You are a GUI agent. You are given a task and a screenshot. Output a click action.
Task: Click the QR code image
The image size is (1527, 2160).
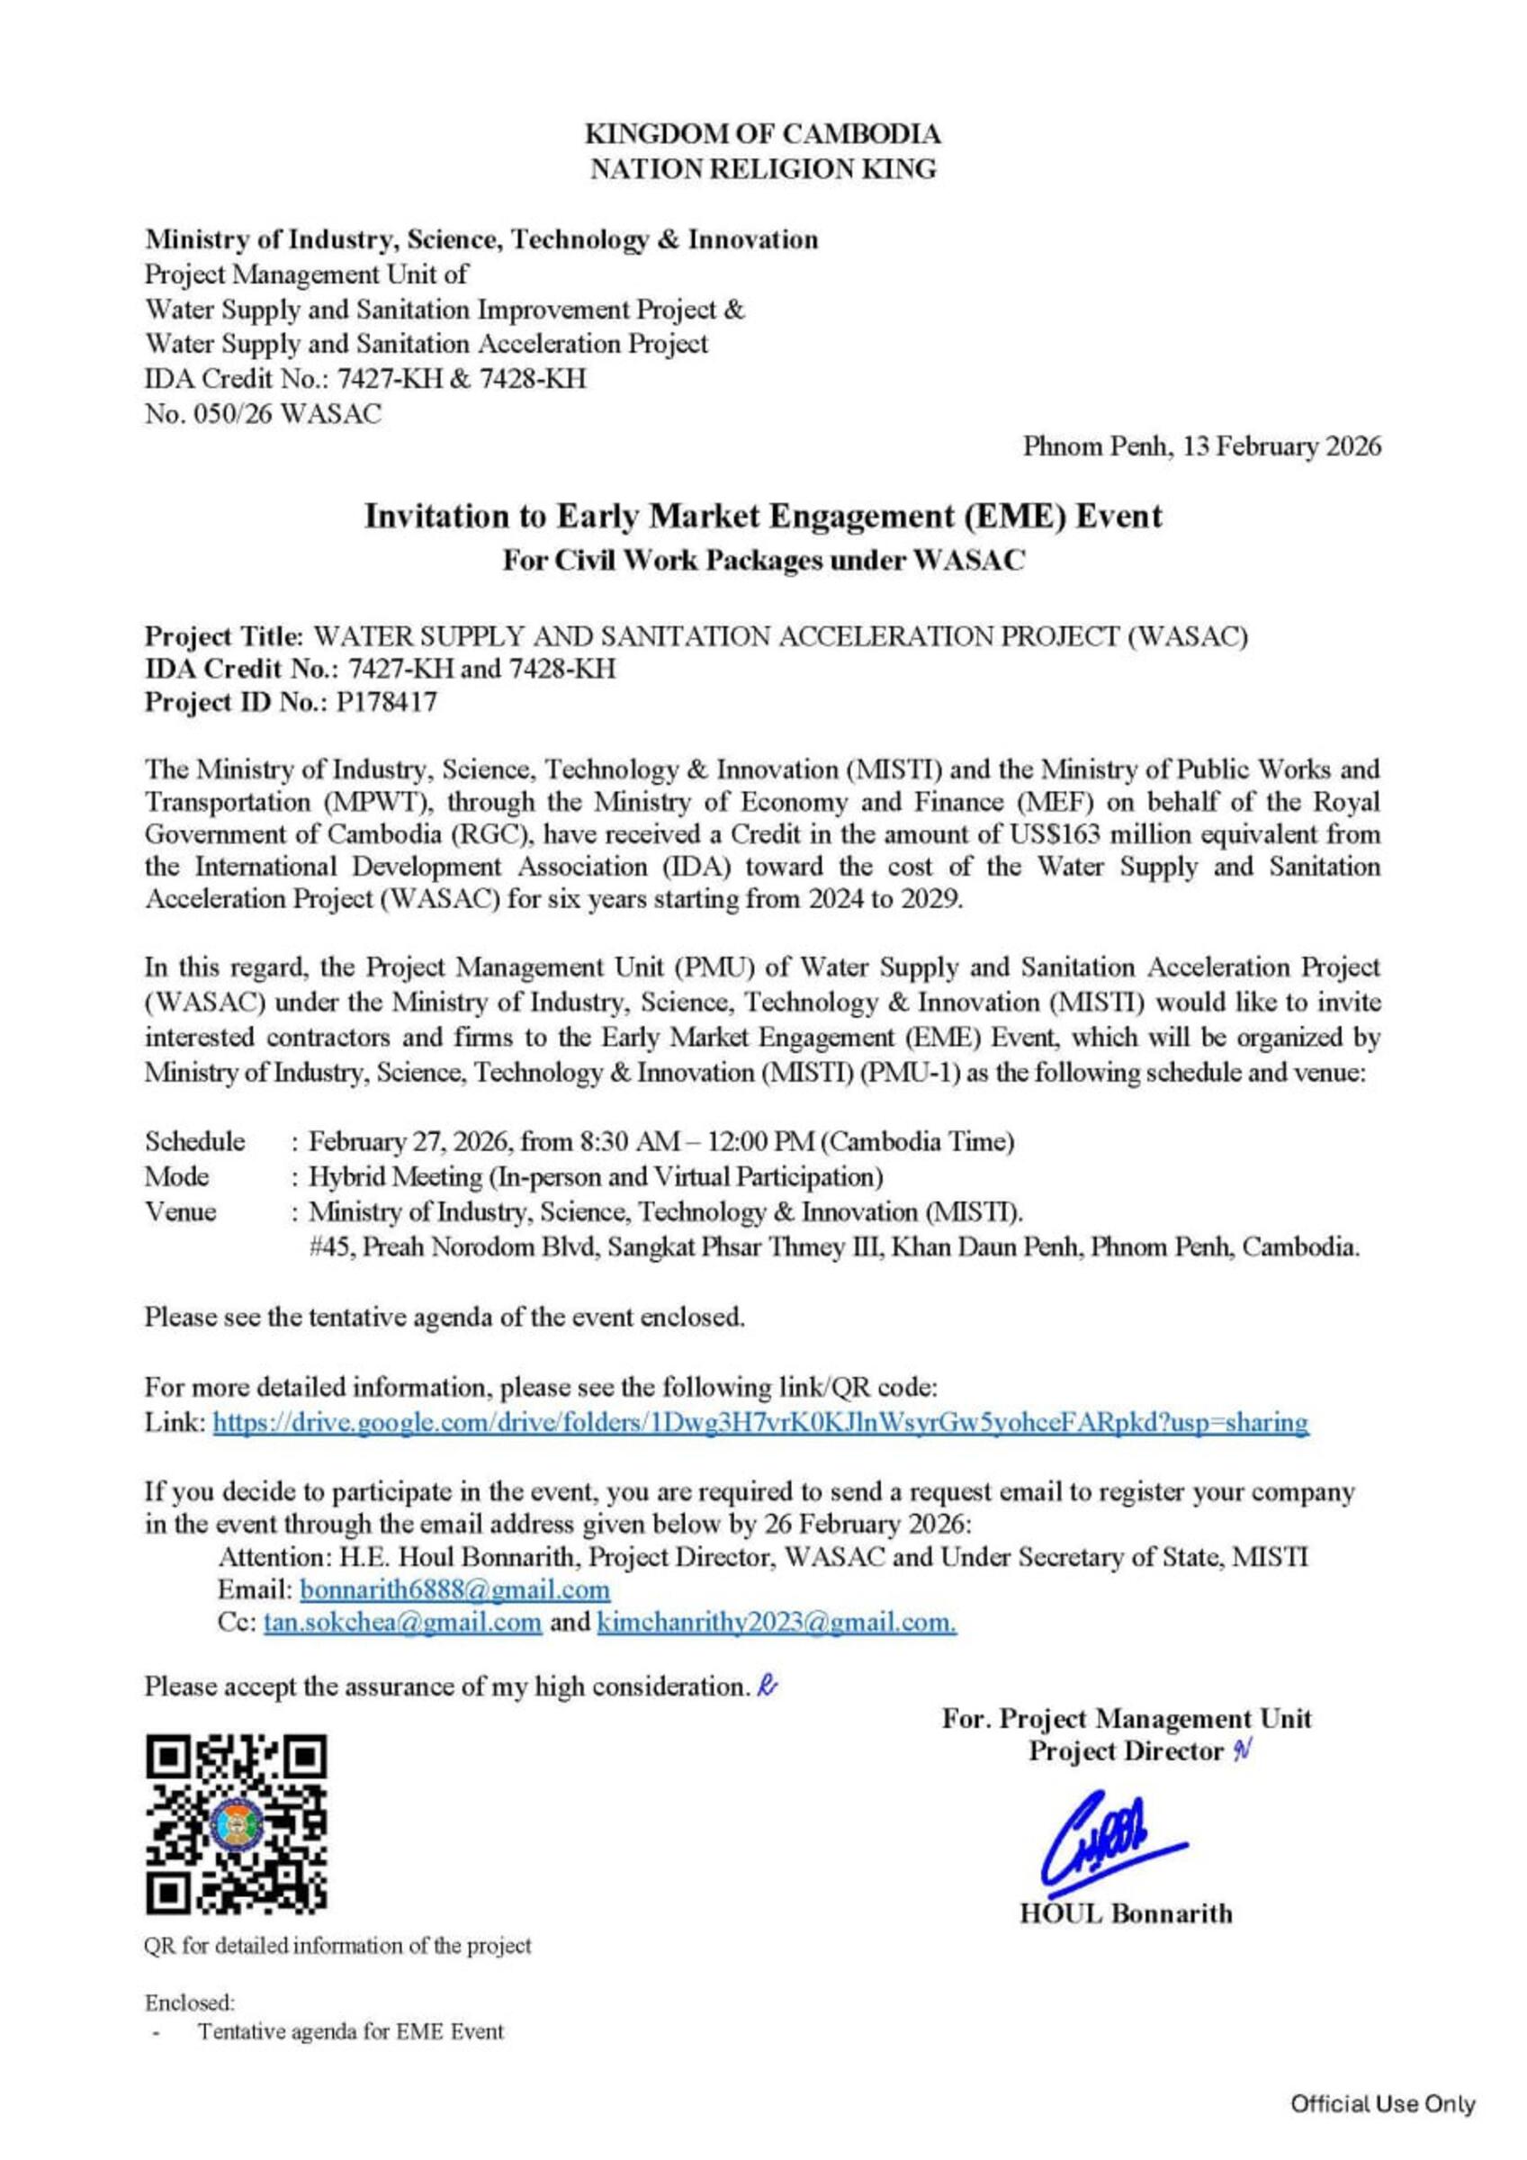point(236,1824)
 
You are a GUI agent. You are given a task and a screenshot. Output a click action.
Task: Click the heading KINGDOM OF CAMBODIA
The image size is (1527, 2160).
point(763,134)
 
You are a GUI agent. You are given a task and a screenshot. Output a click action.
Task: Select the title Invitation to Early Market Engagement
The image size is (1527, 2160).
point(763,517)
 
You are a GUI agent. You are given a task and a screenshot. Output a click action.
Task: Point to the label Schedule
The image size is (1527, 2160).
point(194,1141)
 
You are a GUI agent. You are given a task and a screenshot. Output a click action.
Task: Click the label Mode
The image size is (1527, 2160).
point(177,1176)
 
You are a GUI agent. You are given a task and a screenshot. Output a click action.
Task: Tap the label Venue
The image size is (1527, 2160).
point(180,1210)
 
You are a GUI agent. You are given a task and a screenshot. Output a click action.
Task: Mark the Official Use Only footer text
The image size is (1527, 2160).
point(1383,2102)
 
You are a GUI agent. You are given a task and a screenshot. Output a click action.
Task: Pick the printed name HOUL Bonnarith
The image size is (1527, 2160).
point(1126,1912)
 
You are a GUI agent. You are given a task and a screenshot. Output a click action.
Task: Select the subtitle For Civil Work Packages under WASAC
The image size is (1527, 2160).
point(763,561)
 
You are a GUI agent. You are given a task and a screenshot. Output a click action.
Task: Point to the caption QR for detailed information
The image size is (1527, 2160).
point(337,1946)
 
